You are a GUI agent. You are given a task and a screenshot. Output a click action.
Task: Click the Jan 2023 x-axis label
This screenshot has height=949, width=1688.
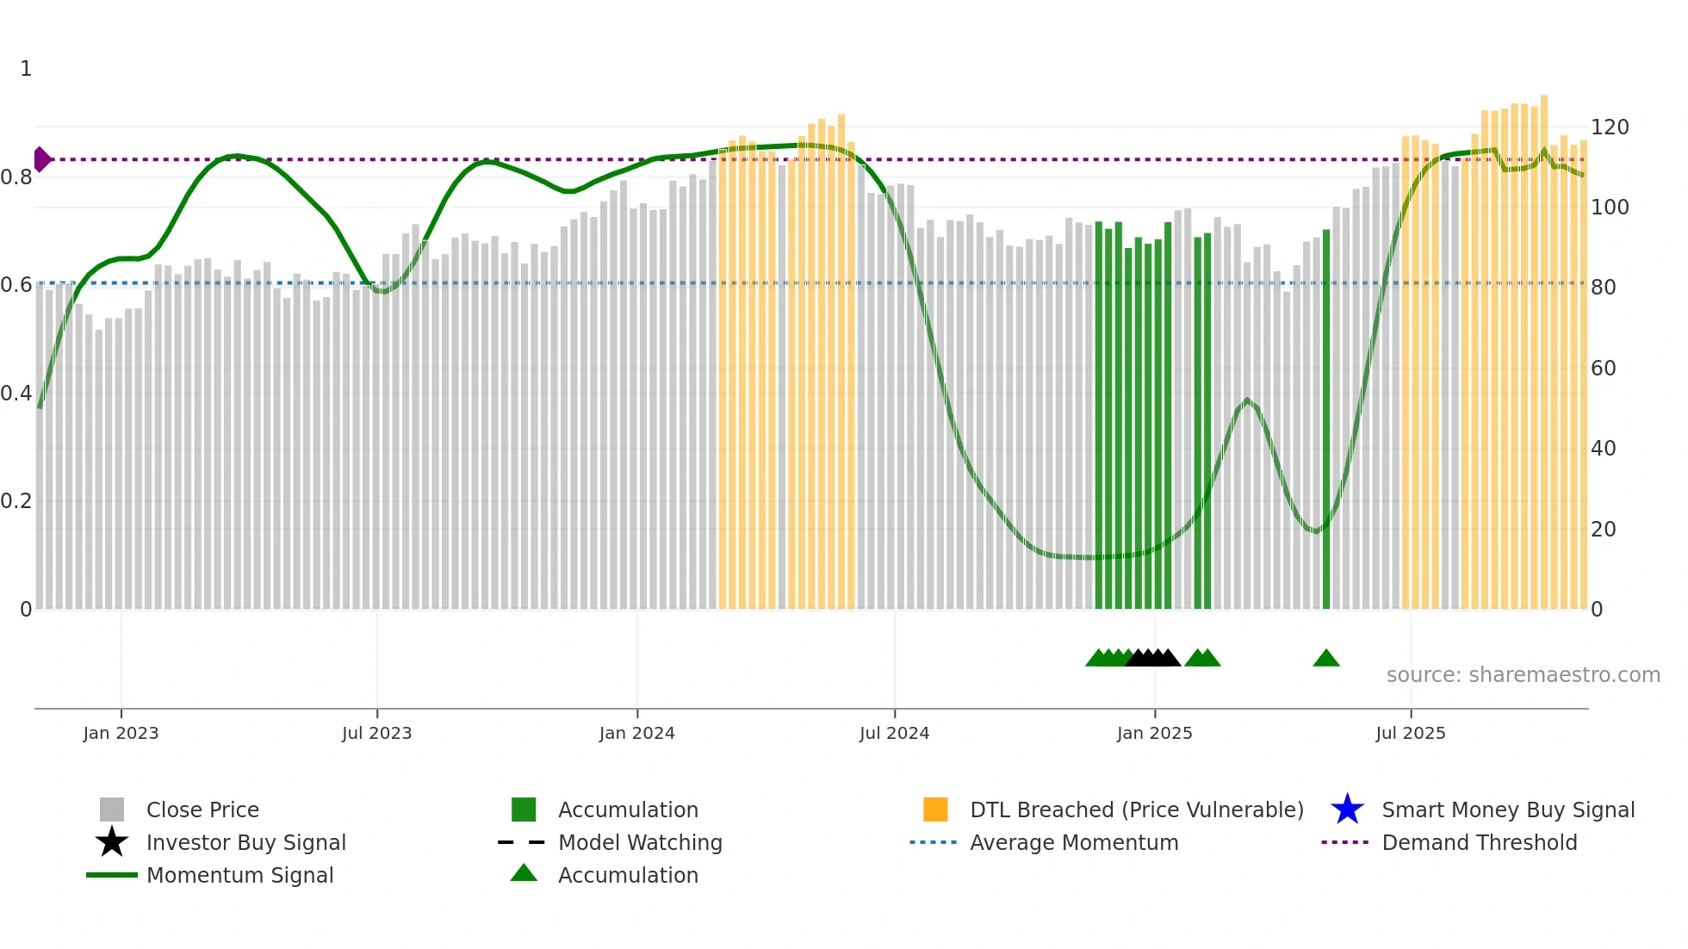tap(121, 733)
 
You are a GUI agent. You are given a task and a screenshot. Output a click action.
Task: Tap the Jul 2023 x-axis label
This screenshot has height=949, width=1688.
tap(376, 733)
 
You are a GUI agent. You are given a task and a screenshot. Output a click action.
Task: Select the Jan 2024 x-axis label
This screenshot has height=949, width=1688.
tap(636, 733)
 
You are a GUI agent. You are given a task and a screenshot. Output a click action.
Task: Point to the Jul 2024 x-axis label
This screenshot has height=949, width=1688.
tap(894, 733)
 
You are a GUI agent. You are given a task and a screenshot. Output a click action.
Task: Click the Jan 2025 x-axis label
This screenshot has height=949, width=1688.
tap(1154, 733)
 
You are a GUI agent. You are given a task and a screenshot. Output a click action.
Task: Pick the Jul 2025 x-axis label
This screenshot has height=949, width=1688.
tap(1410, 733)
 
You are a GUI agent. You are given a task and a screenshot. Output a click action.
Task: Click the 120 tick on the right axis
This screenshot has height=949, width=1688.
tap(1610, 127)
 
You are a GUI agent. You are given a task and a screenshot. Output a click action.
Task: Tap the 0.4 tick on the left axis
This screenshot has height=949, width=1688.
tap(16, 394)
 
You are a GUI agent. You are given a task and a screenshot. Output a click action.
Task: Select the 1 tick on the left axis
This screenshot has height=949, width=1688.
tap(26, 69)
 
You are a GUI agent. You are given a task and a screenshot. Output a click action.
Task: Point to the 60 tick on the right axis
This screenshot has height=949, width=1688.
tap(1603, 369)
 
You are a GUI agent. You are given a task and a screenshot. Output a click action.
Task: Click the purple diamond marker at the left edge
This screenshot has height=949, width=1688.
tap(41, 159)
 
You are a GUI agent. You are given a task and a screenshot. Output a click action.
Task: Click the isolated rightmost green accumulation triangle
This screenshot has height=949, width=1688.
tap(1326, 659)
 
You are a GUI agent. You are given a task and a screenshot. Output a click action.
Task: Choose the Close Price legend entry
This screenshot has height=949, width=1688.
tap(202, 809)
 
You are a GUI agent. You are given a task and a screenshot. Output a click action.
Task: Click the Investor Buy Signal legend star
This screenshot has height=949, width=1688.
tap(112, 842)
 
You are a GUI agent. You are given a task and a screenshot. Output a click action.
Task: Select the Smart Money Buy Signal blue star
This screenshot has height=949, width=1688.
tap(1347, 809)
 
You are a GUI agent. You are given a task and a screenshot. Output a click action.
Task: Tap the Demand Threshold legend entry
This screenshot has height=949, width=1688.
tap(1479, 842)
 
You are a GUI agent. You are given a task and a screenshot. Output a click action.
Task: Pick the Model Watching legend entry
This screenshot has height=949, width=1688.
tap(639, 842)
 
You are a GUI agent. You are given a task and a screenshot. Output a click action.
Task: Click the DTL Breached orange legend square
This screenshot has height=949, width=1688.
tap(935, 809)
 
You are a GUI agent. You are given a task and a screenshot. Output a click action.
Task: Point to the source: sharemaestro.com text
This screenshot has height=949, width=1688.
tap(1523, 675)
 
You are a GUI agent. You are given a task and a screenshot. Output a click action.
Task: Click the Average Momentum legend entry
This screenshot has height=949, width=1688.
tap(1073, 842)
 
